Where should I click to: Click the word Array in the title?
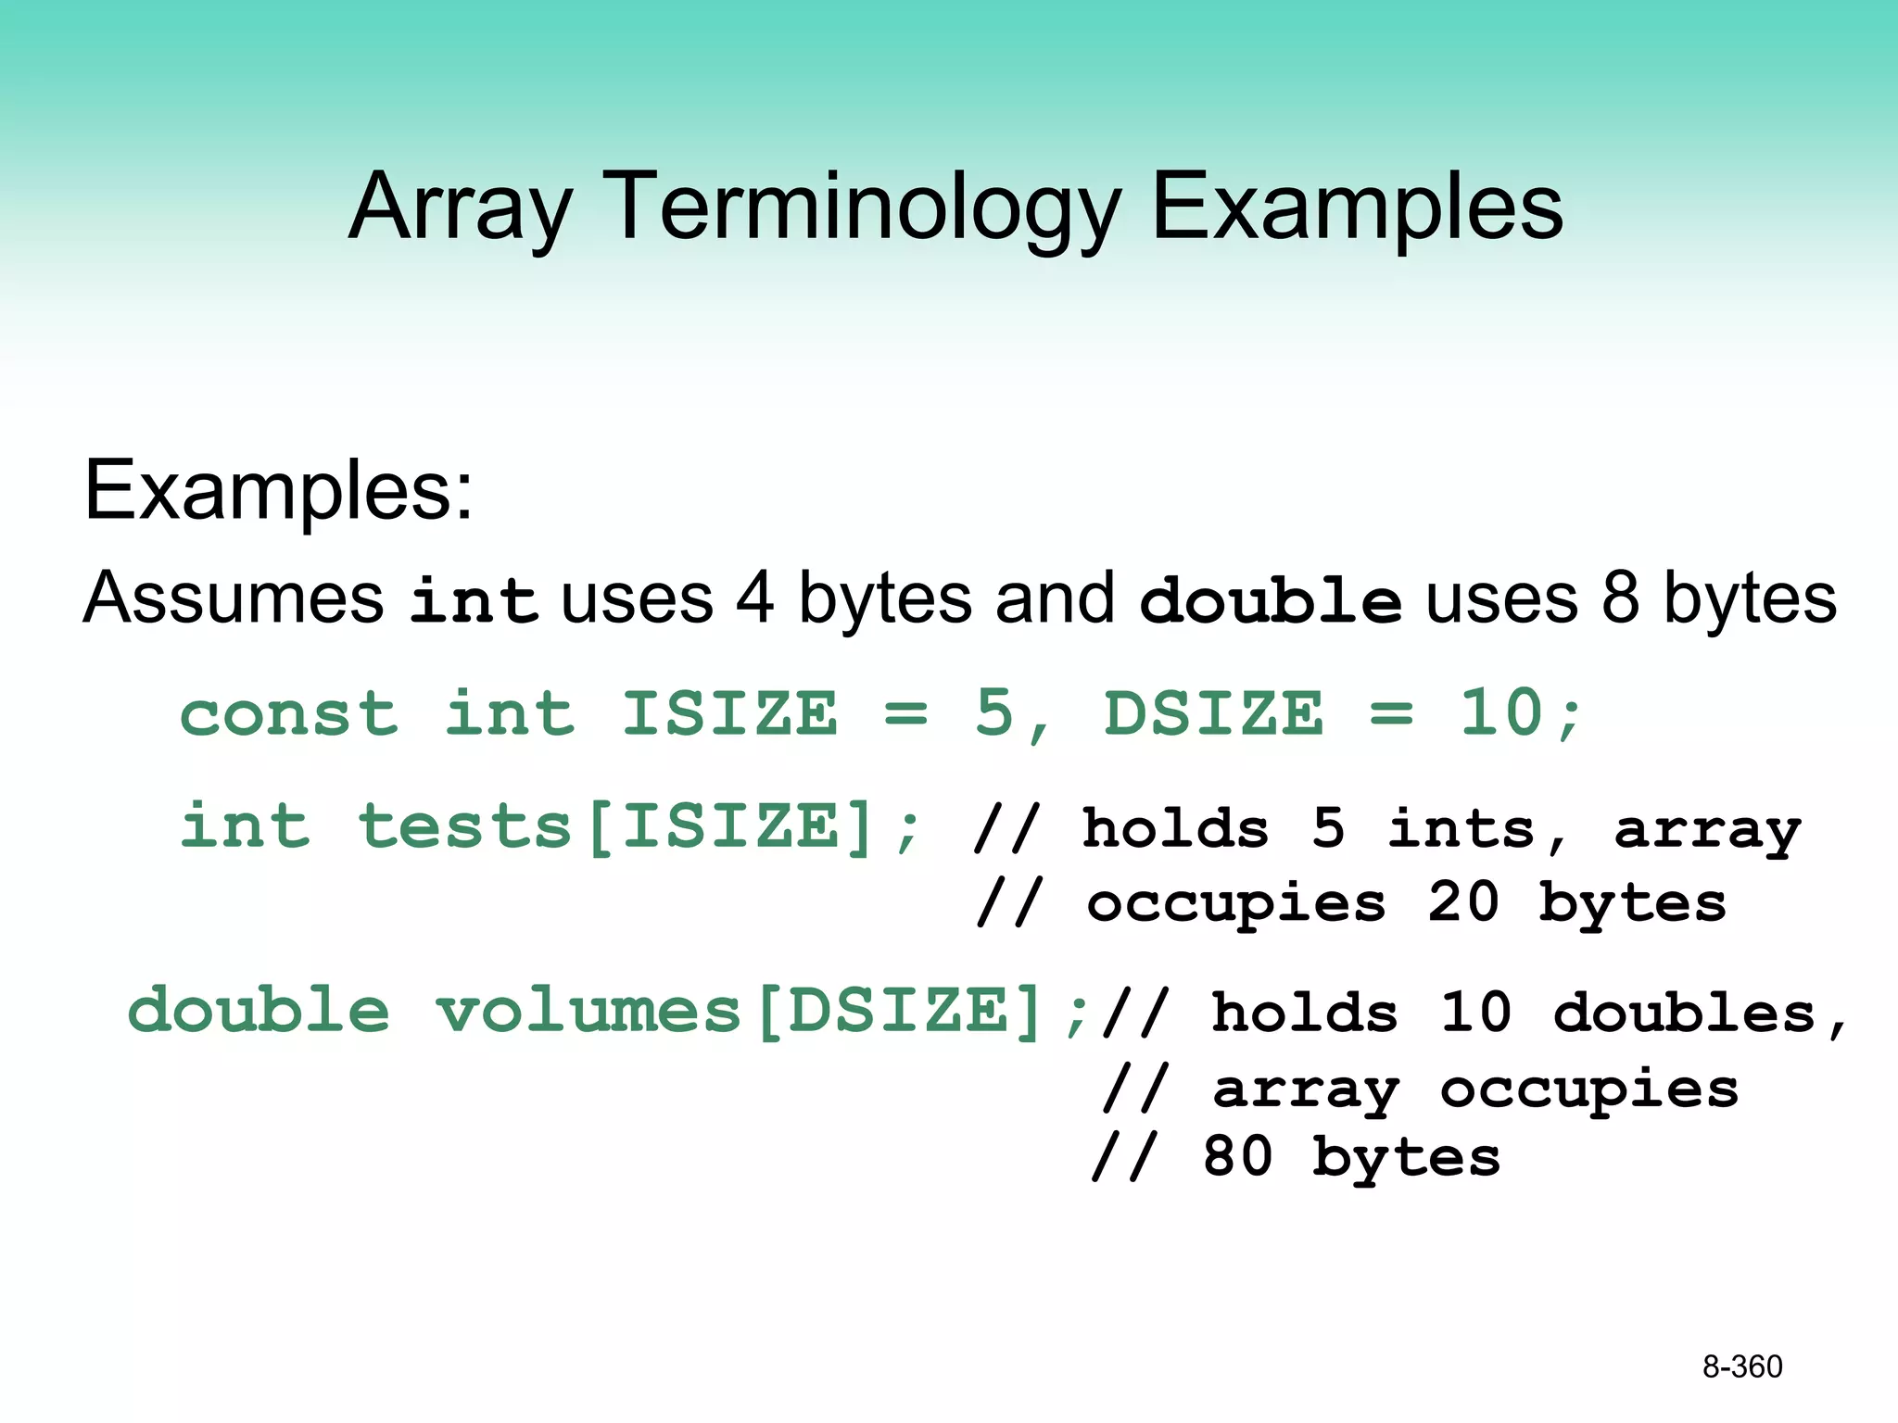pyautogui.click(x=461, y=208)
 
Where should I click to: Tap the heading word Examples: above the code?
pyautogui.click(x=278, y=491)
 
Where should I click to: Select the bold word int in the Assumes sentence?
pyautogui.click(x=474, y=599)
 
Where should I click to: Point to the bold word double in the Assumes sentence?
pyautogui.click(x=1271, y=599)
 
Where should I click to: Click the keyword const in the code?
pyautogui.click(x=289, y=714)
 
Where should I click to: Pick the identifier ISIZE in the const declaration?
pyautogui.click(x=729, y=714)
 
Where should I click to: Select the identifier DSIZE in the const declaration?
pyautogui.click(x=1214, y=714)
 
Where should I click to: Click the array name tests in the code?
pyautogui.click(x=464, y=826)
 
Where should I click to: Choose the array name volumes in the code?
pyautogui.click(x=588, y=1011)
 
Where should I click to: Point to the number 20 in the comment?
pyautogui.click(x=1463, y=902)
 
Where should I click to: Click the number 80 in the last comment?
pyautogui.click(x=1237, y=1158)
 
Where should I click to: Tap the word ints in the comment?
pyautogui.click(x=1461, y=828)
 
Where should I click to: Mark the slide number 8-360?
pyautogui.click(x=1742, y=1366)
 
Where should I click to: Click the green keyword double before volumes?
pyautogui.click(x=259, y=1011)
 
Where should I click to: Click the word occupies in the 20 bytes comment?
pyautogui.click(x=1236, y=904)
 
